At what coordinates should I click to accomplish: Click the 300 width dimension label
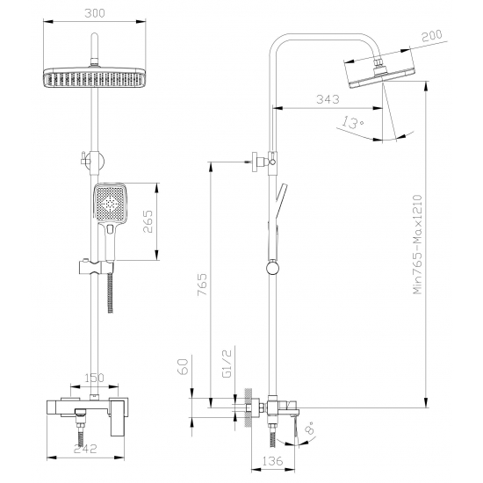click(95, 13)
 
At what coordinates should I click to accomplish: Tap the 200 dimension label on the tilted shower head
click(431, 36)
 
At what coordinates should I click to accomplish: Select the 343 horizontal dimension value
click(328, 99)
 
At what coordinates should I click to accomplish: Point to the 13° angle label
click(353, 122)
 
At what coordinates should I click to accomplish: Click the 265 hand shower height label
click(148, 221)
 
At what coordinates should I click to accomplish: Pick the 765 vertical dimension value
click(202, 285)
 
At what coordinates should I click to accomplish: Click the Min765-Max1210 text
click(417, 244)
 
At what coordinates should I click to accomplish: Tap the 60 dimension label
click(184, 366)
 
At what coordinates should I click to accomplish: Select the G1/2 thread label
click(227, 364)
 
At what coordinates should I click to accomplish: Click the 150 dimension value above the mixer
click(95, 378)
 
